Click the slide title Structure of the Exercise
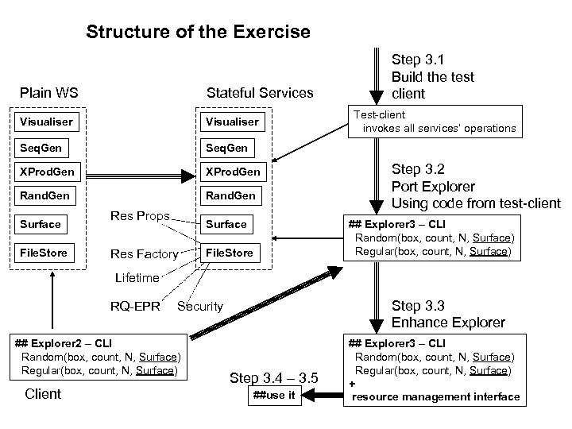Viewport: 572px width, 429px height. click(198, 33)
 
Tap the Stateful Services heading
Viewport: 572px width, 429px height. click(260, 93)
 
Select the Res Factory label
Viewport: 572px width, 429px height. click(144, 254)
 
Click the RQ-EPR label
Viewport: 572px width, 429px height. click(135, 306)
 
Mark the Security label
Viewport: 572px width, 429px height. click(199, 306)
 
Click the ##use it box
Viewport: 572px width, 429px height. click(275, 396)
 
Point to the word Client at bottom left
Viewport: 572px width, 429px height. click(43, 393)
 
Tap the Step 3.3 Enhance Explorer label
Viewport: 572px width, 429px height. click(447, 314)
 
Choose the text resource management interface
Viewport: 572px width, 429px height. click(435, 396)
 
